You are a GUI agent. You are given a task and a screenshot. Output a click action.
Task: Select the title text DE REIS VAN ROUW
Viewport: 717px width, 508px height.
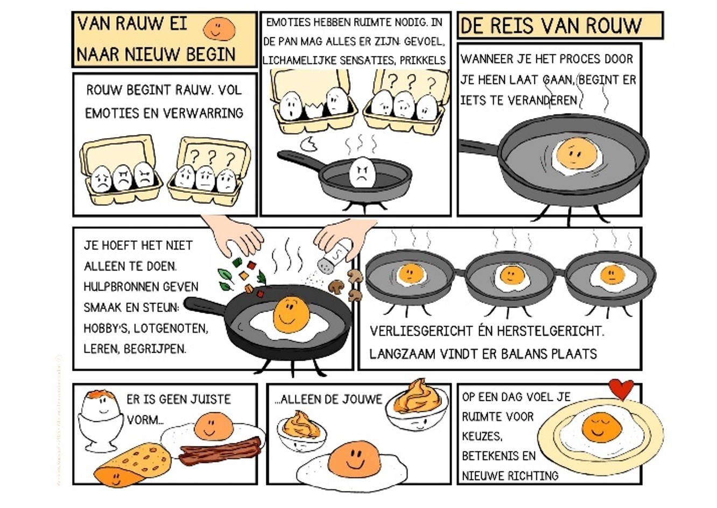(551, 26)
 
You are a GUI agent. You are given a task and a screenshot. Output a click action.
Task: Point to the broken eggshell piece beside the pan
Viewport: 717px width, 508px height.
(310, 144)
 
